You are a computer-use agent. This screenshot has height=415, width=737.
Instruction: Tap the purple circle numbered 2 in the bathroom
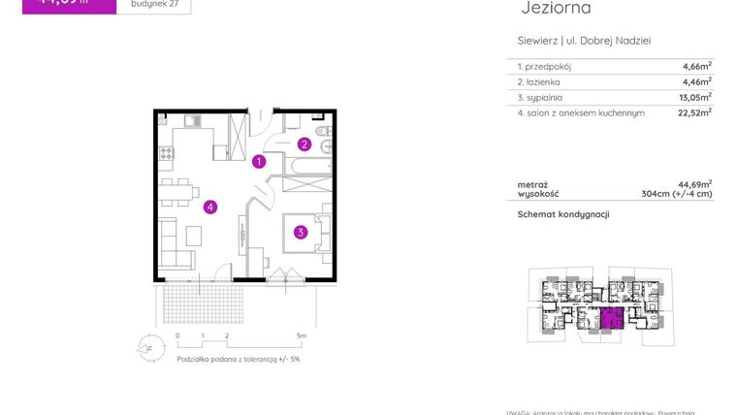click(x=304, y=145)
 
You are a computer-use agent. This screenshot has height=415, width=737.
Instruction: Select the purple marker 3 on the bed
click(x=302, y=232)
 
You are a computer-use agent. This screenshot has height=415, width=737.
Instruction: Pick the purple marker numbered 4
click(x=209, y=207)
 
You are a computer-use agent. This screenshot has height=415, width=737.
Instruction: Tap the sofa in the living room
click(x=175, y=245)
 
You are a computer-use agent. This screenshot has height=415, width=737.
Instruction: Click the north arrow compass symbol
click(x=147, y=346)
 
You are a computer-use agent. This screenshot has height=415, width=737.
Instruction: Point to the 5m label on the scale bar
click(x=304, y=336)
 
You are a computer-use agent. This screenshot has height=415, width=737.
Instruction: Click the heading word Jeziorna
click(x=556, y=9)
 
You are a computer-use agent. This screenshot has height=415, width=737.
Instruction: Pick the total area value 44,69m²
click(x=694, y=183)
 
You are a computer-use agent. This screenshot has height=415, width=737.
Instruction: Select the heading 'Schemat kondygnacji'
click(x=563, y=213)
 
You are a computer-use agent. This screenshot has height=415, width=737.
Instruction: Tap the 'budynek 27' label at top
click(x=153, y=5)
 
